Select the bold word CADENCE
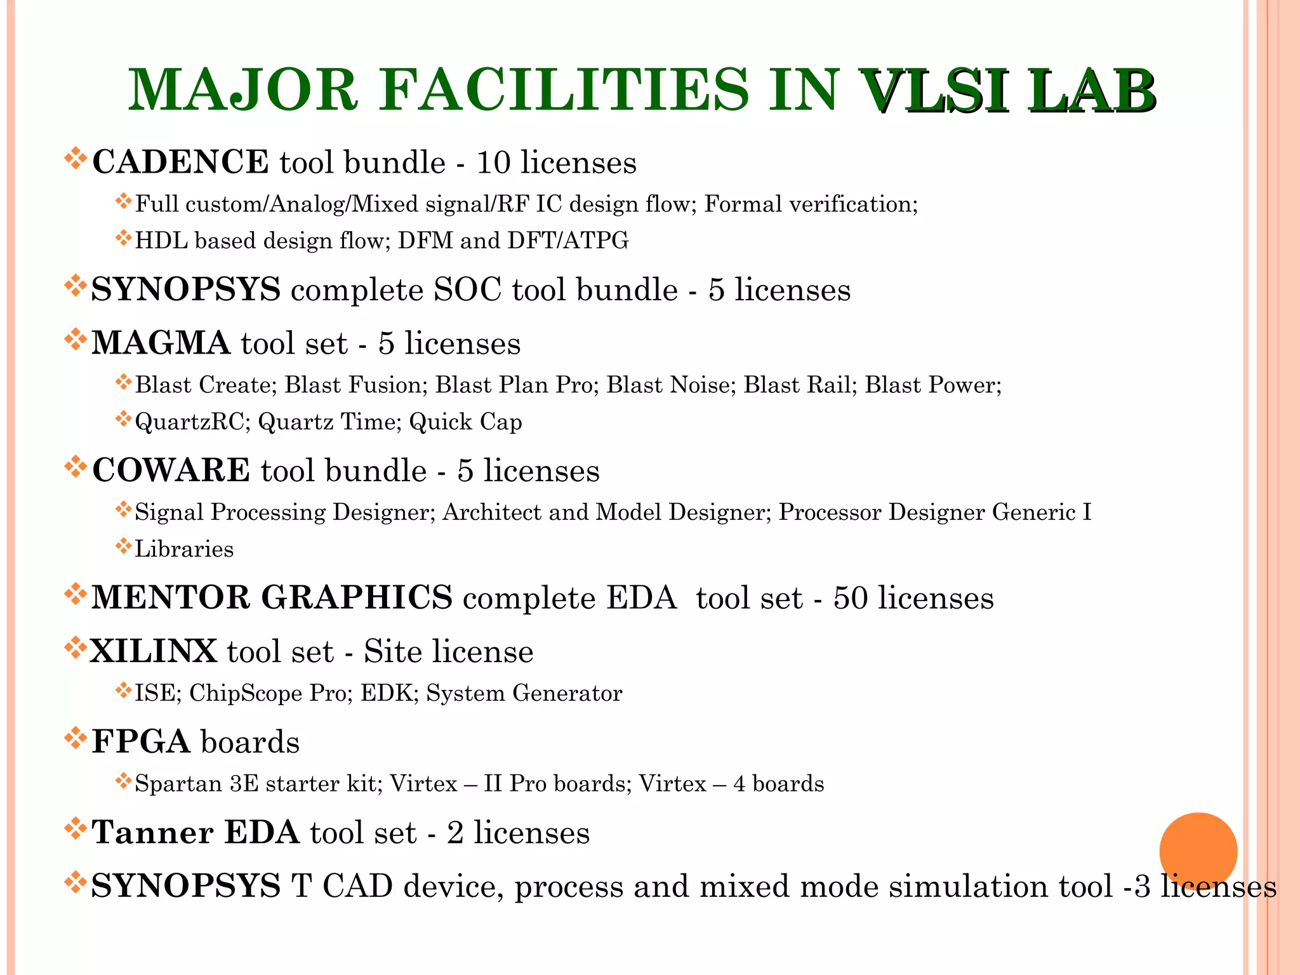coord(180,162)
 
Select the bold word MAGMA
coord(161,343)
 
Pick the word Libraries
coord(184,549)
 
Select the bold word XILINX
coord(154,652)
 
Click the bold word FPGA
coord(141,742)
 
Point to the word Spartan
coord(178,784)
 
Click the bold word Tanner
coord(152,833)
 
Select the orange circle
coord(1198,851)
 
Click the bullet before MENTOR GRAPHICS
coord(76,595)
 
